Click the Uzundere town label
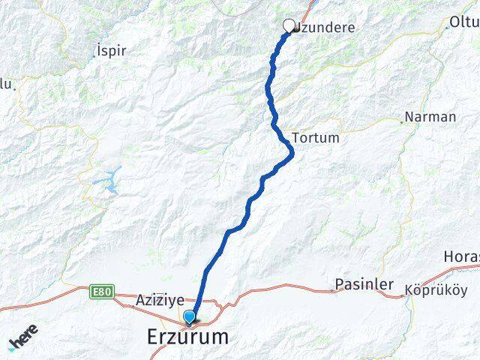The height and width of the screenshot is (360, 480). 324,28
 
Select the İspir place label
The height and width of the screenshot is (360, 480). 112,51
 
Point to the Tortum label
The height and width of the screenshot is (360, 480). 315,138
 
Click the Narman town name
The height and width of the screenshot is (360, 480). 430,117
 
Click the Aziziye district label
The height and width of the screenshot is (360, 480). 160,300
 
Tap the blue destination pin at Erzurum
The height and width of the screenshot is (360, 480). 189,317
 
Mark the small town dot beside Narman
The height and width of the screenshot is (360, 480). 406,118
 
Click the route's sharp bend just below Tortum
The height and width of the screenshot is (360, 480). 291,154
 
